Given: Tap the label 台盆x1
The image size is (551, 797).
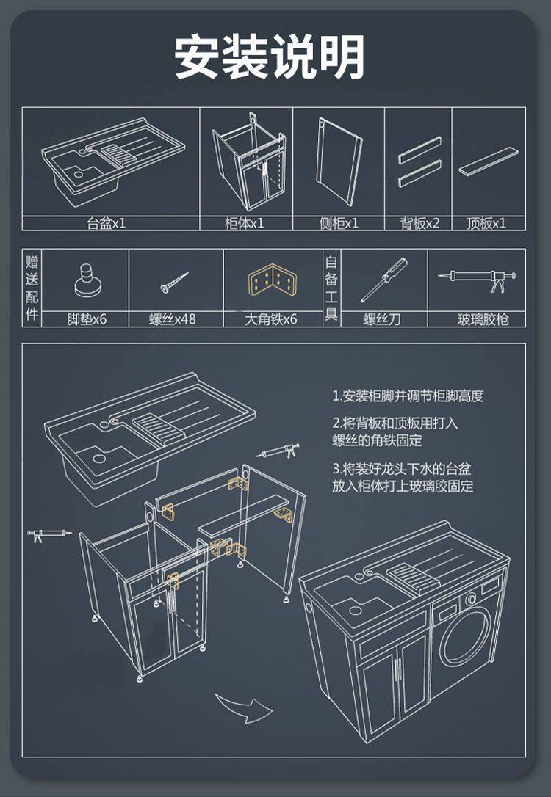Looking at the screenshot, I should pos(107,224).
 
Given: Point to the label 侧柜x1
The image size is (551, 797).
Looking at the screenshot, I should pos(339,224).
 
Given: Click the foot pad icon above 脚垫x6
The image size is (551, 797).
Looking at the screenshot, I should pos(87,281).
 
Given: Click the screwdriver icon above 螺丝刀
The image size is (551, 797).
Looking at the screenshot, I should pos(383,280).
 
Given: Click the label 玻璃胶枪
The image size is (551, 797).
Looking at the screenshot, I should pos(482,319).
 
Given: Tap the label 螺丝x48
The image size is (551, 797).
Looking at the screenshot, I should pos(173,319).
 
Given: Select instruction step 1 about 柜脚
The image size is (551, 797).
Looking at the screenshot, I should pos(408,396).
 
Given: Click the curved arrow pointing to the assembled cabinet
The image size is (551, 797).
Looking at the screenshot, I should pos(243,707).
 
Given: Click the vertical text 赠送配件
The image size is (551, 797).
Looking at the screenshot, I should pos(32,288).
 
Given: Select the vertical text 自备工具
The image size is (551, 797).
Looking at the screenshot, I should pos(331,288).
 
